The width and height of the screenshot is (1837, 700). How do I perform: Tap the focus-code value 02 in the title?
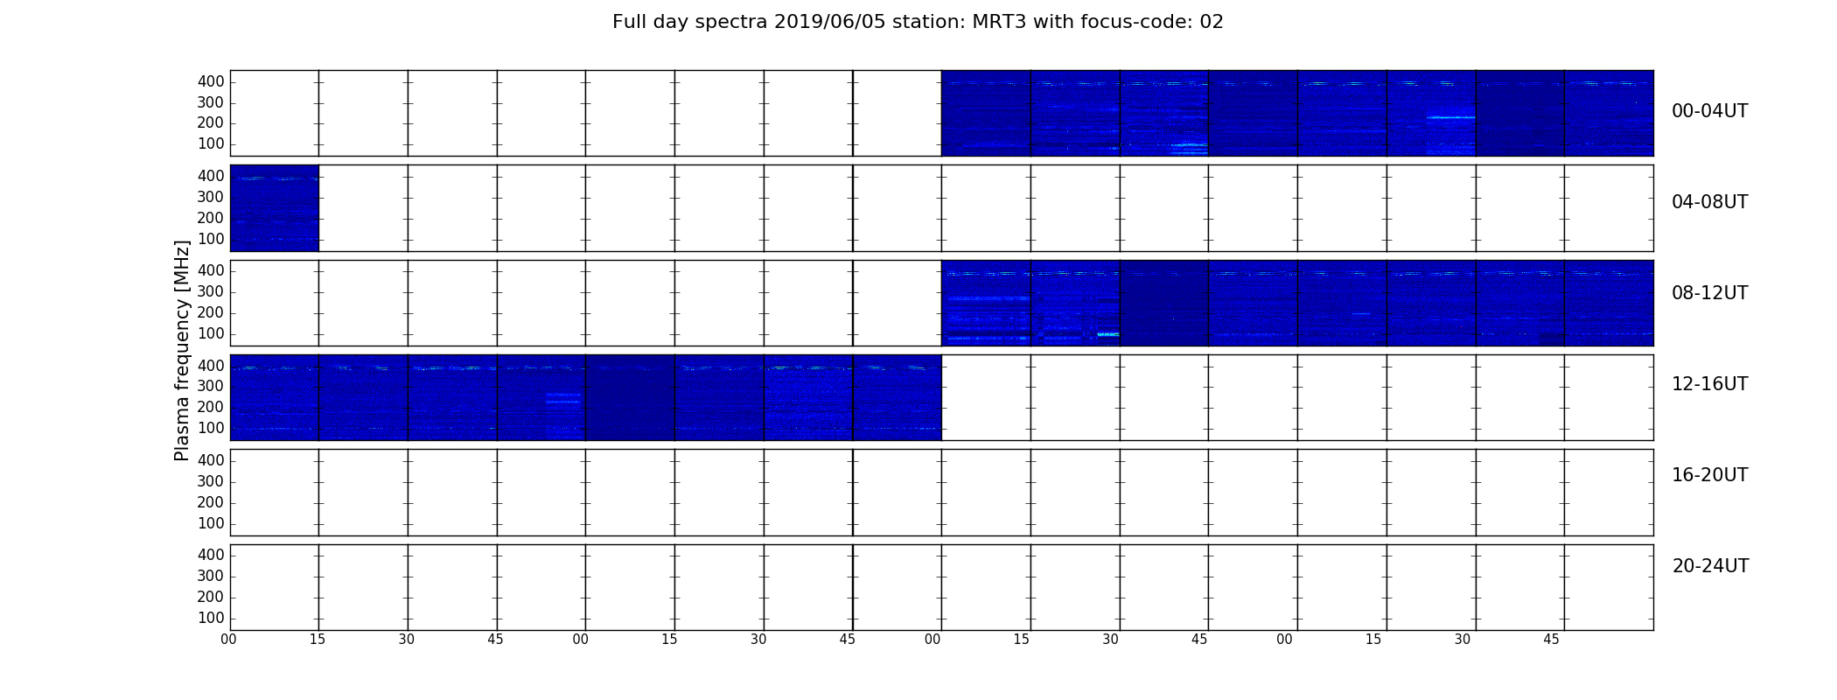[1212, 22]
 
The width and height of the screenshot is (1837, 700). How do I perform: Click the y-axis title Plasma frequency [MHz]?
[182, 350]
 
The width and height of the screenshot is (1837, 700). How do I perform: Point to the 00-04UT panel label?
[1710, 111]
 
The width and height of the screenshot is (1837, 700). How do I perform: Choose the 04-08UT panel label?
[1710, 202]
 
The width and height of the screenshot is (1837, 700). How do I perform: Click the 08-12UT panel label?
[1710, 293]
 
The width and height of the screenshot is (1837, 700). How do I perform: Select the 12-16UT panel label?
[1710, 384]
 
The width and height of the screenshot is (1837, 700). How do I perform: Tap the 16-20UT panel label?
[1710, 475]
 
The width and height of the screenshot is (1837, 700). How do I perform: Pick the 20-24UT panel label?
[1710, 566]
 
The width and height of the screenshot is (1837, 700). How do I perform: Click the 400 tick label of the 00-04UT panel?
[211, 81]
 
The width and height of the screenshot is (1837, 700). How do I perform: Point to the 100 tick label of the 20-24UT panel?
[211, 618]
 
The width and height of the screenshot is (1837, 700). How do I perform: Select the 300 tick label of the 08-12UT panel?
[211, 291]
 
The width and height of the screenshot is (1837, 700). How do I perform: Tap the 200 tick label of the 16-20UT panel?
[211, 502]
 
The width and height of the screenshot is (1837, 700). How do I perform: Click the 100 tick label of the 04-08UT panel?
[211, 239]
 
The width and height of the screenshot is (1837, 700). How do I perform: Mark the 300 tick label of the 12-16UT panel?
[211, 386]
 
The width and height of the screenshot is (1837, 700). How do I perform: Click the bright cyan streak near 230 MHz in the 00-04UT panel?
[1450, 117]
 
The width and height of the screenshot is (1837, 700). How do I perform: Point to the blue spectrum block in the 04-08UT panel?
[274, 208]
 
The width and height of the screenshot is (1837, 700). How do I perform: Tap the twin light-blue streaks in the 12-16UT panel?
[563, 398]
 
